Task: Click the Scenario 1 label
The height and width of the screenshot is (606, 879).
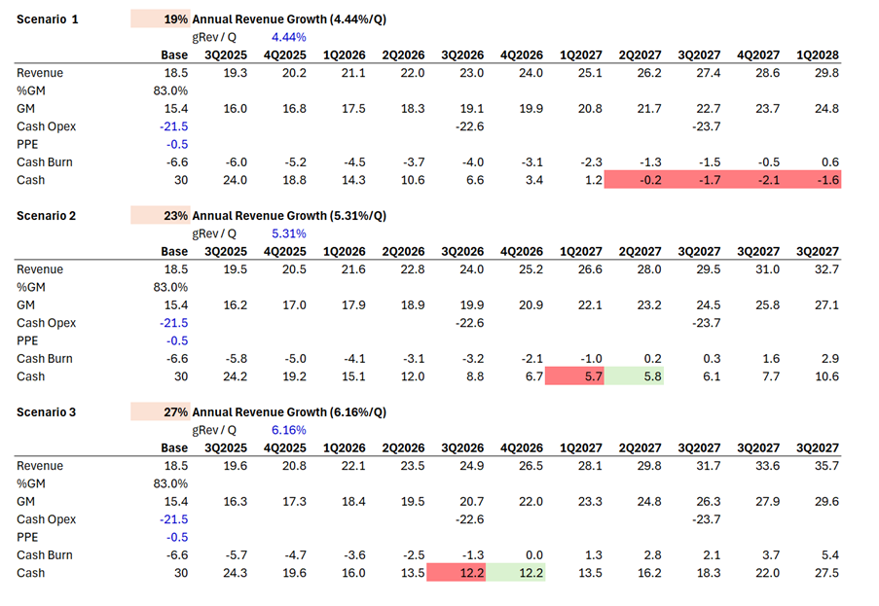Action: tap(48, 19)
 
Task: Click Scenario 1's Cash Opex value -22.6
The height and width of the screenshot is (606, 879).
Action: tap(472, 126)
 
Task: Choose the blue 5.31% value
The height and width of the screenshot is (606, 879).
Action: tap(288, 233)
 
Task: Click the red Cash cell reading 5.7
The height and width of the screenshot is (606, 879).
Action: tap(575, 376)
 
